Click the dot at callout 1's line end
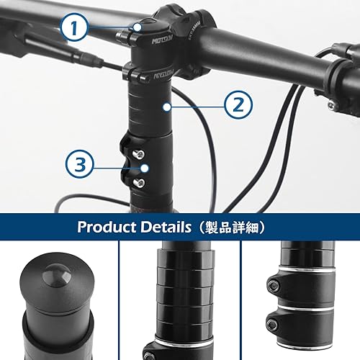(x=138, y=27)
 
